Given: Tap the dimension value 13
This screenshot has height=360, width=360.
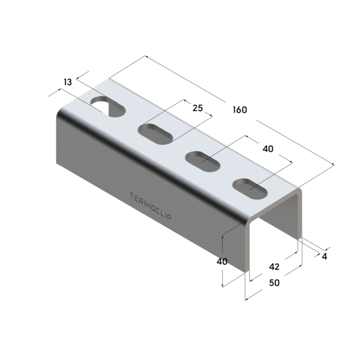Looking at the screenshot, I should [x=68, y=82].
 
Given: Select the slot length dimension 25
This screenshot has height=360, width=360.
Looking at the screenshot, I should [x=197, y=108].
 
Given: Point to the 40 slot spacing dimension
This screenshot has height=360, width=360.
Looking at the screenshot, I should [x=268, y=149].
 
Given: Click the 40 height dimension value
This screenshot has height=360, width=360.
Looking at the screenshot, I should [x=222, y=261].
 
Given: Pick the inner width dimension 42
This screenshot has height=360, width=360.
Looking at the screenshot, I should [x=274, y=266].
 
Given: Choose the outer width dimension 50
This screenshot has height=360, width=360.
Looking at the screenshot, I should [x=274, y=283].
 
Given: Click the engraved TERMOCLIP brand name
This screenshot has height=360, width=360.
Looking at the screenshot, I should [x=150, y=205].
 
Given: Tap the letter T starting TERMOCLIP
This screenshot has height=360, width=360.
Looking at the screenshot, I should [x=131, y=195].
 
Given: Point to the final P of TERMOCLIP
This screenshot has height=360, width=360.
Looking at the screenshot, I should [x=169, y=217].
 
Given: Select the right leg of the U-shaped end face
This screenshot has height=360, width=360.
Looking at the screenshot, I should [x=301, y=216].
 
